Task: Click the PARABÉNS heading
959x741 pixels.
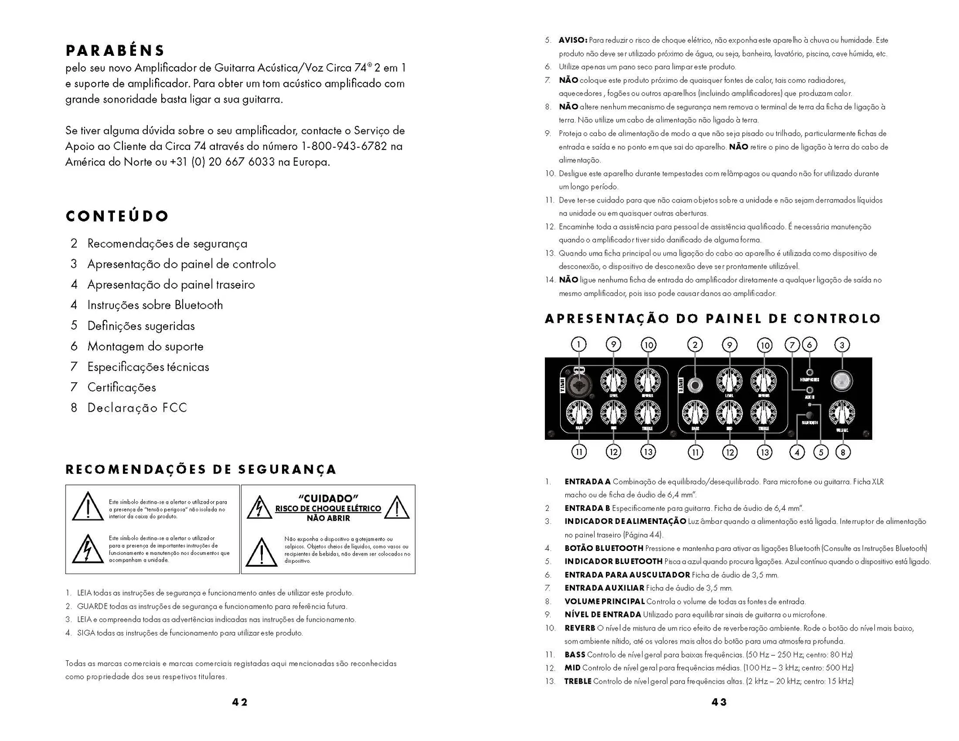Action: (115, 51)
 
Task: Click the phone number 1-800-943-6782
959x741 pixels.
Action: (344, 147)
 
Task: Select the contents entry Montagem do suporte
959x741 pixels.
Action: (145, 346)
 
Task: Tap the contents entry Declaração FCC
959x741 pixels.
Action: (137, 408)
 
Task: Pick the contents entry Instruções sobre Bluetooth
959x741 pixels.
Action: (155, 305)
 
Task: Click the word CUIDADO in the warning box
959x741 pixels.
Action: (328, 499)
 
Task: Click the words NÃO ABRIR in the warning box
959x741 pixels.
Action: (328, 518)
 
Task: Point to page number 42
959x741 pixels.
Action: (240, 702)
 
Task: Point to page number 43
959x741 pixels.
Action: (719, 702)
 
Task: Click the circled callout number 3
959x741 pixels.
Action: (842, 345)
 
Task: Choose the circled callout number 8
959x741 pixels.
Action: (842, 452)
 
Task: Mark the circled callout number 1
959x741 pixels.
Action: (579, 345)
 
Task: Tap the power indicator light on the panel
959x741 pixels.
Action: (842, 382)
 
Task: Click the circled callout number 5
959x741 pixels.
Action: (821, 452)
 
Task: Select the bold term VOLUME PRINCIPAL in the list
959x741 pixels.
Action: (604, 602)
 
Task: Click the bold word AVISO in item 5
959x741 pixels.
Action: (573, 41)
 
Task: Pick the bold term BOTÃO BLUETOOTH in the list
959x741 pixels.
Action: (604, 548)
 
